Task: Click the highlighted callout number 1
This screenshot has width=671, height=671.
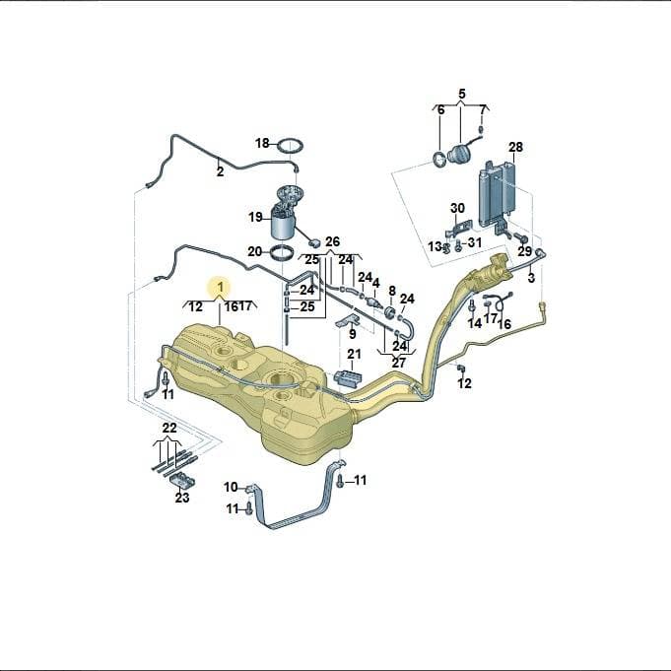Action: pyautogui.click(x=221, y=287)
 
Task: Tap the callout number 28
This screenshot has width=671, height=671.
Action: pyautogui.click(x=515, y=147)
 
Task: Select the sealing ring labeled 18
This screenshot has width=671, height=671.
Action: pyautogui.click(x=291, y=147)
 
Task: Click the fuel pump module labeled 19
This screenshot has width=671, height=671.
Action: pyautogui.click(x=284, y=213)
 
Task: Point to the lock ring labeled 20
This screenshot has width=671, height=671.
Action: pyautogui.click(x=282, y=252)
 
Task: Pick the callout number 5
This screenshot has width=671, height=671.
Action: pyautogui.click(x=462, y=94)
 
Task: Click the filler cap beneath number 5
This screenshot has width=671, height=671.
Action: pyautogui.click(x=459, y=154)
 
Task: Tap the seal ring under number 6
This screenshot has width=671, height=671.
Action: pyautogui.click(x=439, y=161)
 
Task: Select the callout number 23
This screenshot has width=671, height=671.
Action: pyautogui.click(x=182, y=498)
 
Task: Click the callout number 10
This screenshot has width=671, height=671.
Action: pyautogui.click(x=231, y=487)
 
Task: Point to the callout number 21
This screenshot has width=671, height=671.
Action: pyautogui.click(x=354, y=355)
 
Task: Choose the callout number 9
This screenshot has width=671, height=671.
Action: pyautogui.click(x=352, y=333)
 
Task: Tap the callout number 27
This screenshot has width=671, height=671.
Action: pyautogui.click(x=398, y=363)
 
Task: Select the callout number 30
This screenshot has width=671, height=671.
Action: pyautogui.click(x=457, y=209)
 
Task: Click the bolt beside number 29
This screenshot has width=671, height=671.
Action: pyautogui.click(x=521, y=236)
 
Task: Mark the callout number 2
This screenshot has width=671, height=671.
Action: pyautogui.click(x=220, y=172)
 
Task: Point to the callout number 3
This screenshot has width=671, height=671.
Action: pyautogui.click(x=531, y=278)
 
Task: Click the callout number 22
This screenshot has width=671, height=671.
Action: pyautogui.click(x=169, y=428)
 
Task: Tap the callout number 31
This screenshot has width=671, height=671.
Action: pyautogui.click(x=474, y=243)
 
